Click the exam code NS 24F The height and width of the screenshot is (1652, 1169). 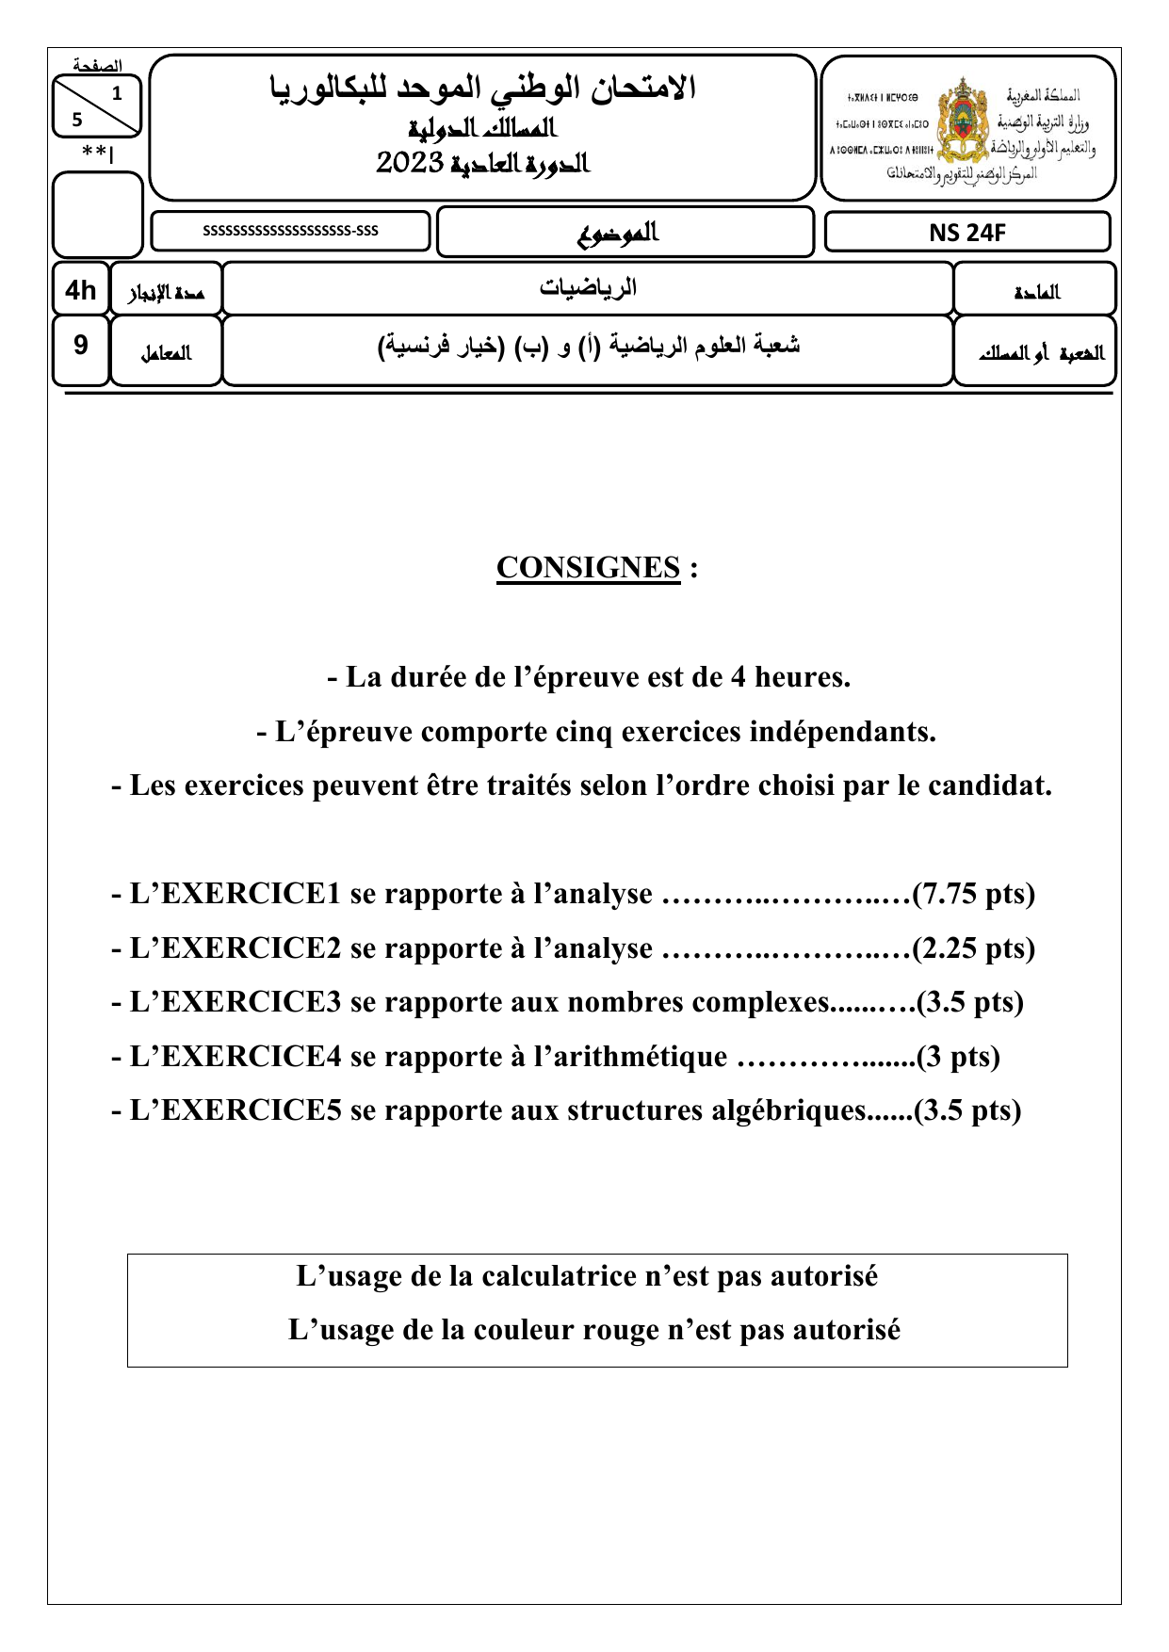tap(967, 233)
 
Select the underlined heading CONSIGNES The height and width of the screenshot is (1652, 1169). tap(588, 568)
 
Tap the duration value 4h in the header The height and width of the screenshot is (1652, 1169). tap(81, 290)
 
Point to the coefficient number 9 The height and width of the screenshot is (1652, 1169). tap(81, 346)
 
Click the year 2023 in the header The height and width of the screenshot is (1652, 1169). tap(410, 163)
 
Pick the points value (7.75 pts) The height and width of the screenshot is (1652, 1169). tap(974, 894)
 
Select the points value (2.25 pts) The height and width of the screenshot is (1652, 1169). tap(974, 948)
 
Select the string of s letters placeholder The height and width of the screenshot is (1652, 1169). tap(290, 231)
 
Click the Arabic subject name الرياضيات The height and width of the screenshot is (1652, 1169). tap(588, 288)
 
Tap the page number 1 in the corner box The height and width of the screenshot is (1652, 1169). tap(117, 93)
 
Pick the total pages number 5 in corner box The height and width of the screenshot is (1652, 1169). tap(77, 120)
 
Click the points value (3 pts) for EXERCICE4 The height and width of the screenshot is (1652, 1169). tap(958, 1057)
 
